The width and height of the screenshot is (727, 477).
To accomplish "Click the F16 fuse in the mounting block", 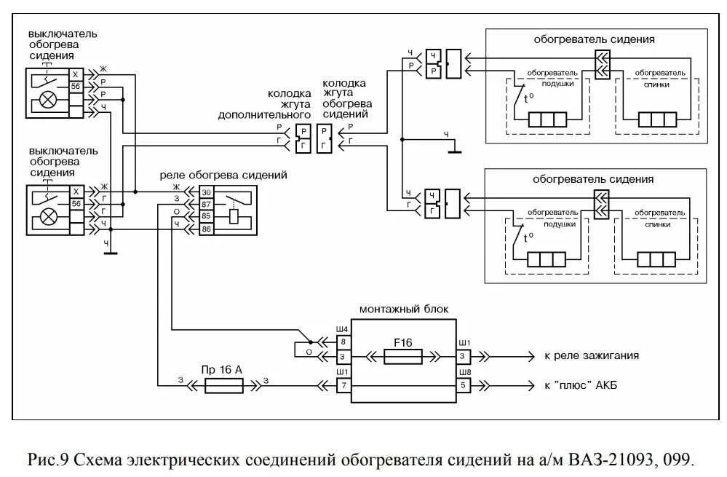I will (402, 356).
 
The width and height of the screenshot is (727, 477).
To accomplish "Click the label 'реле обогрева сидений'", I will (224, 176).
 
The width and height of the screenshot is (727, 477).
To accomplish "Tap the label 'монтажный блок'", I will (404, 309).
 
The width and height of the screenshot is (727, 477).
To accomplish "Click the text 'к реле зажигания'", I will (592, 356).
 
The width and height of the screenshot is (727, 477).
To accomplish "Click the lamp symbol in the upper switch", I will (47, 100).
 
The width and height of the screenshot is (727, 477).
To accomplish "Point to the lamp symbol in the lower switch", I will (47, 216).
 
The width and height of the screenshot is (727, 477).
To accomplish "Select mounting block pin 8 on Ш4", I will (343, 341).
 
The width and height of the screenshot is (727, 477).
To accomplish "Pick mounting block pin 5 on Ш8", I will (464, 385).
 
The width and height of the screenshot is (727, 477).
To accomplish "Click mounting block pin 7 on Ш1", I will (343, 385).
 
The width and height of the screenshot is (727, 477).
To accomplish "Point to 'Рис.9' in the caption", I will (47, 460).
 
